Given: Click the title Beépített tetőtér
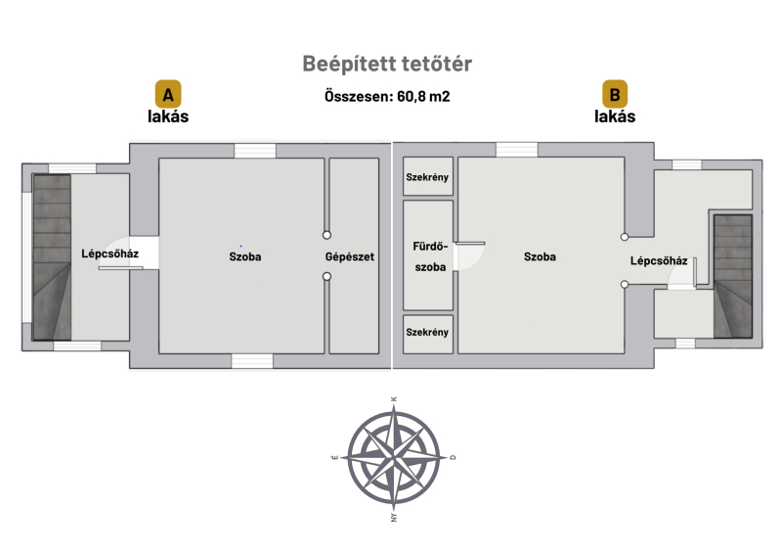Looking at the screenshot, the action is [387, 64].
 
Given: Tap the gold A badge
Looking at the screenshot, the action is [168, 94].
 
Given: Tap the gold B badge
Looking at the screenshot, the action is [615, 94].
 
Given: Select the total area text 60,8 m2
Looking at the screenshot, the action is [423, 96].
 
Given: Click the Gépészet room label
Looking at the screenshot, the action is [350, 256].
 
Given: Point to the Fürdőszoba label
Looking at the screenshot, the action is [430, 256].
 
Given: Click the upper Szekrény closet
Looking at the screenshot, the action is [428, 176].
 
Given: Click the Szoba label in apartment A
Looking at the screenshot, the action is [245, 256].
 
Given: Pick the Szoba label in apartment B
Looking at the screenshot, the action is [540, 256].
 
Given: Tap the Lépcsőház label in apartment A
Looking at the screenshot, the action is [109, 253].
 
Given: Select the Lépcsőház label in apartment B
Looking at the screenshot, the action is [659, 260].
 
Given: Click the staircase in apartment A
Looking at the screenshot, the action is [52, 257].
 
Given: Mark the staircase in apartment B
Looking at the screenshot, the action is [732, 276].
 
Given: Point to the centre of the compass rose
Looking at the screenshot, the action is [394, 457].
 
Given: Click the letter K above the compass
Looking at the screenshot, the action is [394, 399].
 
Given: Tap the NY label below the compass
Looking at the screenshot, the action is [394, 518].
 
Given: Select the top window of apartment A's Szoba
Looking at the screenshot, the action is [255, 151].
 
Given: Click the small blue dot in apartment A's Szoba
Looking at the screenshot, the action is [240, 246].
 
